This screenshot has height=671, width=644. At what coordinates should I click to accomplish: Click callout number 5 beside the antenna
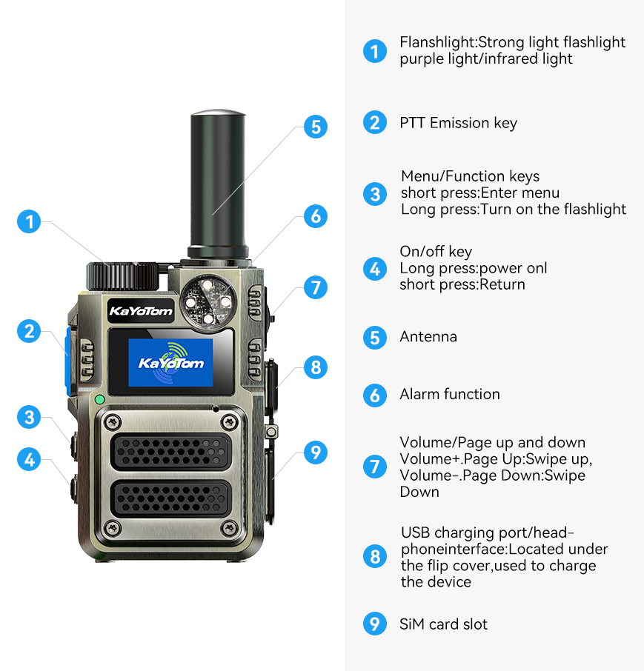coord(316,127)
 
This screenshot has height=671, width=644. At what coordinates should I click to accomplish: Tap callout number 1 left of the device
coord(29,221)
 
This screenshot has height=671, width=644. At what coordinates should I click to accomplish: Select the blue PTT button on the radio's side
coord(67,361)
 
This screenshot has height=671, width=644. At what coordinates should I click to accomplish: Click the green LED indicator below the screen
coord(100,400)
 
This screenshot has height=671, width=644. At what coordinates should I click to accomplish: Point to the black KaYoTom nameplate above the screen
coord(141,310)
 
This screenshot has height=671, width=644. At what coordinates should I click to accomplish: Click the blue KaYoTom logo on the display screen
coord(171,362)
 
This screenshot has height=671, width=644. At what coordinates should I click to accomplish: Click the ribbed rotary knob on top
coord(122,276)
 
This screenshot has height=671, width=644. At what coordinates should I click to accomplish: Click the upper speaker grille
coord(171,452)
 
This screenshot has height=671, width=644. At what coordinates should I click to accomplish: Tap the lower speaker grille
coord(171,498)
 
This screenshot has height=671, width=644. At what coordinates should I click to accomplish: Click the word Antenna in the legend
coord(428,337)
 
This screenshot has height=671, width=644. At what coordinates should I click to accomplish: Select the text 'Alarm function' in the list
coord(450,394)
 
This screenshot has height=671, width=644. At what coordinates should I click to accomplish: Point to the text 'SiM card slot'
coord(443,624)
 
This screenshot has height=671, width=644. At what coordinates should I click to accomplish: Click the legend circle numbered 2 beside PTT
coord(375,122)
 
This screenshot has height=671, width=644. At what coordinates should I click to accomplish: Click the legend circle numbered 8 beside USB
coord(375,557)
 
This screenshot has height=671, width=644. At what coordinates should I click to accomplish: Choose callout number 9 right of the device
coord(316,453)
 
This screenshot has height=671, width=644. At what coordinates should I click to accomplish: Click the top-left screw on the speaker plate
coord(113,423)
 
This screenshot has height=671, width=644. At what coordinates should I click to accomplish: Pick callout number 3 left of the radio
coord(29,417)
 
